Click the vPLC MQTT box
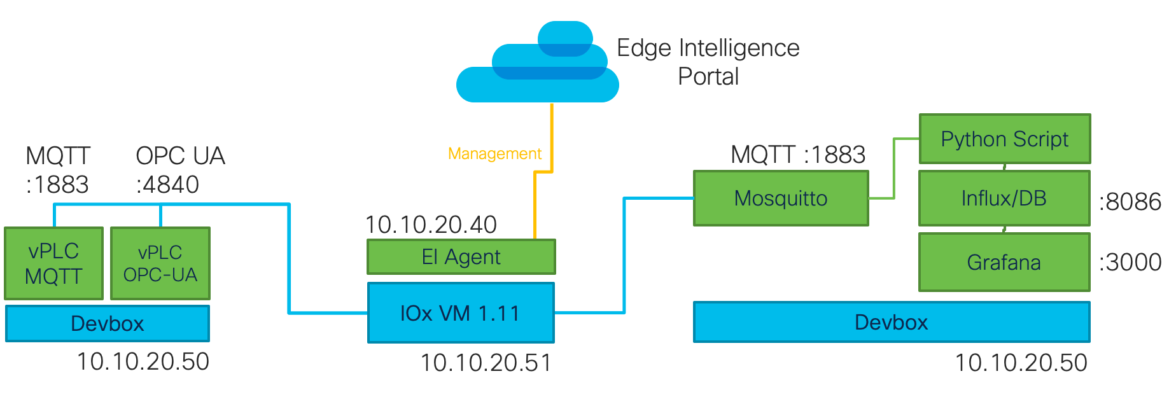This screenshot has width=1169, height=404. pyautogui.click(x=53, y=263)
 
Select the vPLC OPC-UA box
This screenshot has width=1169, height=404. pyautogui.click(x=160, y=263)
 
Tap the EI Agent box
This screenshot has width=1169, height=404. pyautogui.click(x=461, y=257)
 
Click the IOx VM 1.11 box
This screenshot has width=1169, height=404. pyautogui.click(x=460, y=313)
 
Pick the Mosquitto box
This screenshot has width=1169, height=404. pyautogui.click(x=780, y=199)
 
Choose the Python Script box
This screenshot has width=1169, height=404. pyautogui.click(x=1004, y=139)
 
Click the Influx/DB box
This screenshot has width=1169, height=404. pyautogui.click(x=1004, y=199)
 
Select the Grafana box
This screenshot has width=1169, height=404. pyautogui.click(x=1004, y=262)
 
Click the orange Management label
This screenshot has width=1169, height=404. pyautogui.click(x=494, y=154)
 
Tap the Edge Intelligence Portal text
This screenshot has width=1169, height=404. pyautogui.click(x=708, y=62)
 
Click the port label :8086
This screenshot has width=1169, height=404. pyautogui.click(x=1130, y=202)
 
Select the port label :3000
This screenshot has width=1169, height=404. pyautogui.click(x=1130, y=262)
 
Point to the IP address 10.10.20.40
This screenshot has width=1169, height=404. pyautogui.click(x=431, y=225)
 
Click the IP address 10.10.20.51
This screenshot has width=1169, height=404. pyautogui.click(x=486, y=363)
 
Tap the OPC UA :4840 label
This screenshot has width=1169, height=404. pyautogui.click(x=179, y=170)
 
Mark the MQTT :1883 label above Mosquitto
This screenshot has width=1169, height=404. pyautogui.click(x=797, y=155)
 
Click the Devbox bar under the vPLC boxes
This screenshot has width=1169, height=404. pyautogui.click(x=107, y=323)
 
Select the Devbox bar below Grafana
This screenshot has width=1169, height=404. pyautogui.click(x=891, y=322)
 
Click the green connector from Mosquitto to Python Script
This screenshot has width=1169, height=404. pyautogui.click(x=894, y=169)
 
